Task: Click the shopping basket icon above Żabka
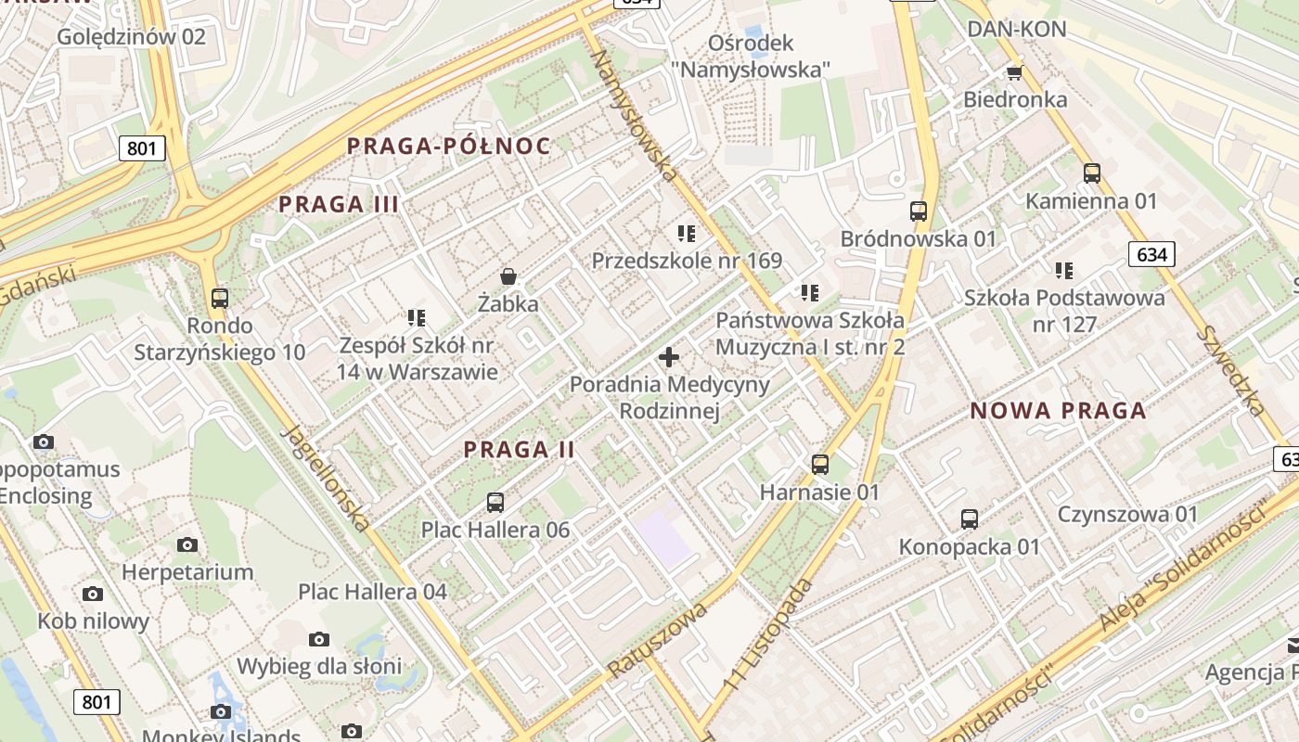pyautogui.click(x=508, y=275)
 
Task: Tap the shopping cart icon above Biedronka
pyautogui.click(x=1014, y=71)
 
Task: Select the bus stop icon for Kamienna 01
pyautogui.click(x=1091, y=173)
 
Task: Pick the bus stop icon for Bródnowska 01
pyautogui.click(x=918, y=211)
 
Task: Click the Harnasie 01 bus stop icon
pyautogui.click(x=819, y=464)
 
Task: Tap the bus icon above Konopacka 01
pyautogui.click(x=970, y=518)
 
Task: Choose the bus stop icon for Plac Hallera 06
pyautogui.click(x=495, y=502)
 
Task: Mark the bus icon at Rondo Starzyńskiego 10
pyautogui.click(x=220, y=298)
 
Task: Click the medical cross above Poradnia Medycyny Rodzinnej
pyautogui.click(x=668, y=356)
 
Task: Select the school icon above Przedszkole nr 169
pyautogui.click(x=687, y=233)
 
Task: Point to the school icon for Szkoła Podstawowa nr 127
pyautogui.click(x=1063, y=270)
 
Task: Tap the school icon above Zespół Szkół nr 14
pyautogui.click(x=417, y=317)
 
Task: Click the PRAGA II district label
pyautogui.click(x=520, y=450)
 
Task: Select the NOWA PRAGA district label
pyautogui.click(x=1058, y=411)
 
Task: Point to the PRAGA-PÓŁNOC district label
pyautogui.click(x=448, y=146)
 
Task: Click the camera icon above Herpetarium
pyautogui.click(x=187, y=544)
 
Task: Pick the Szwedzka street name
pyautogui.click(x=1231, y=371)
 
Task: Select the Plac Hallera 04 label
pyautogui.click(x=372, y=592)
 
